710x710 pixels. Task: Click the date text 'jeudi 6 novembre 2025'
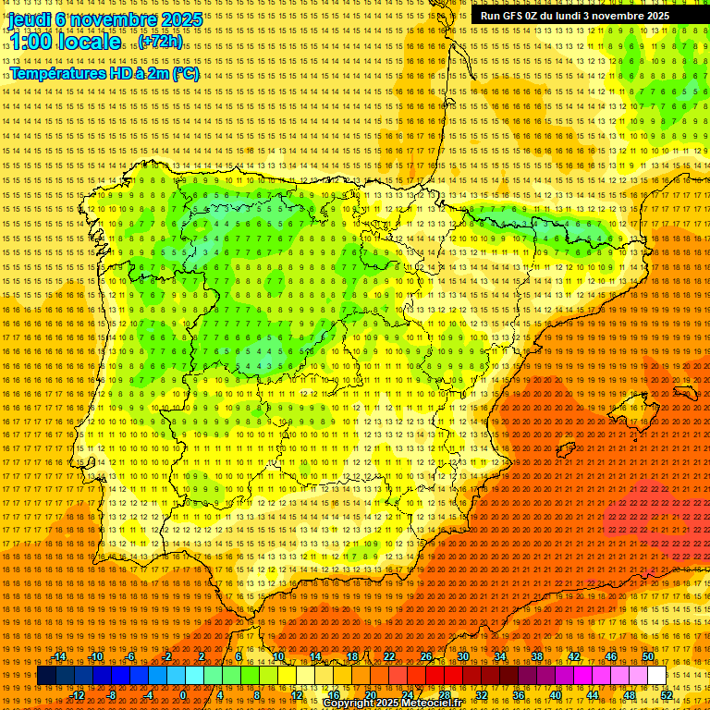[x=106, y=19]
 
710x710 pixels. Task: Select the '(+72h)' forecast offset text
[x=161, y=43]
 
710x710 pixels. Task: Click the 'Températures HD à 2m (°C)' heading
[x=104, y=73]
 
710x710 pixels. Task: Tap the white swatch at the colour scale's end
[x=656, y=676]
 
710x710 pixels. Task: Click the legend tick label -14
[x=59, y=656]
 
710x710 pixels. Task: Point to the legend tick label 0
[x=183, y=695]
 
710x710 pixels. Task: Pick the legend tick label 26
[x=426, y=656]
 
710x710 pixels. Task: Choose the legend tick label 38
[x=537, y=656]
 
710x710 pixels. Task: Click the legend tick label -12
[x=78, y=695]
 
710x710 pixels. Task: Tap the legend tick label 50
[x=648, y=656]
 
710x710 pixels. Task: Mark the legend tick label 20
[x=370, y=695]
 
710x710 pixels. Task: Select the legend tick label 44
[x=593, y=695]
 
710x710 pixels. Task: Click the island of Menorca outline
[x=685, y=393]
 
